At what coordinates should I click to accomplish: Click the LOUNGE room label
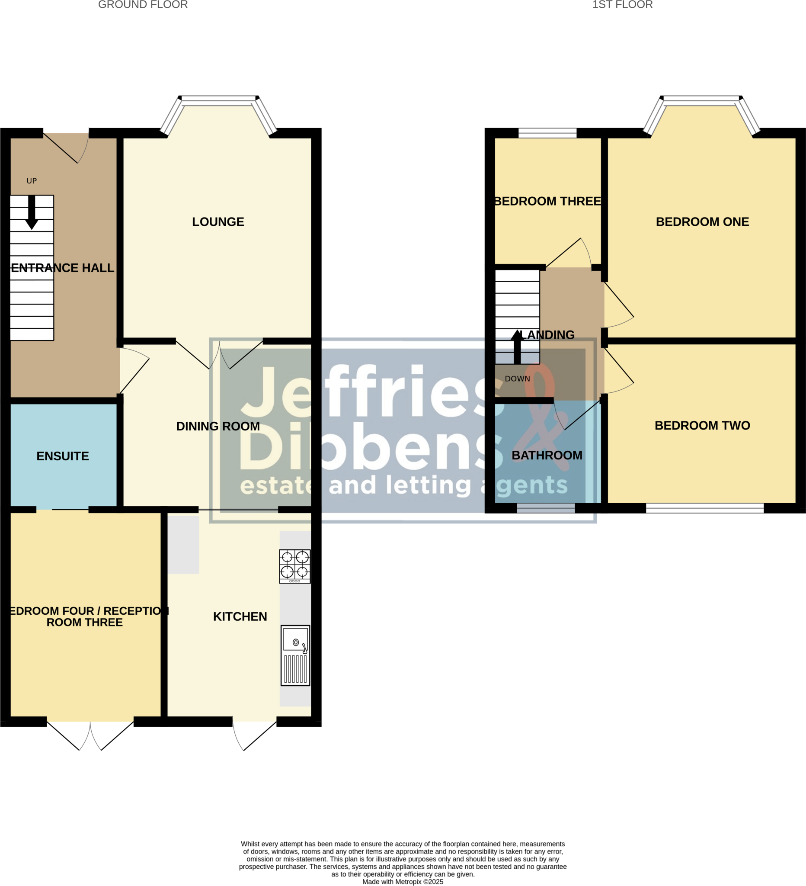click(218, 222)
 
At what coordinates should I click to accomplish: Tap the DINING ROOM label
click(218, 426)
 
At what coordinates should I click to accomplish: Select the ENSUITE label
click(63, 456)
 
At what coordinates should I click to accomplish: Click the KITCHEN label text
click(240, 616)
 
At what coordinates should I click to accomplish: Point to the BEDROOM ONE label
click(702, 222)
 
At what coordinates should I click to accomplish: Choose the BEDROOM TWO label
click(702, 425)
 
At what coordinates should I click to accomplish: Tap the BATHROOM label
click(547, 455)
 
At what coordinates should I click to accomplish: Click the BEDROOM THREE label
click(548, 201)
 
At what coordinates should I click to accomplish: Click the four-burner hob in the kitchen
click(295, 566)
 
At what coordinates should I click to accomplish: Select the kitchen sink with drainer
click(295, 655)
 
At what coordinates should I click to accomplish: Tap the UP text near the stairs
click(32, 181)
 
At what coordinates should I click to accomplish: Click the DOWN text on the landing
click(517, 379)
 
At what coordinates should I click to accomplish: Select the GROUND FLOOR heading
click(143, 5)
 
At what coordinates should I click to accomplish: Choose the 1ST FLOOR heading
click(622, 5)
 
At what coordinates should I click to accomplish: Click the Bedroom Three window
click(547, 133)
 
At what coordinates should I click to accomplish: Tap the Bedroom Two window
click(704, 508)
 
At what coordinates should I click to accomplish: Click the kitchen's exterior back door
click(255, 734)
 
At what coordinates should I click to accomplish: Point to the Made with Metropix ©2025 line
click(403, 882)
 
